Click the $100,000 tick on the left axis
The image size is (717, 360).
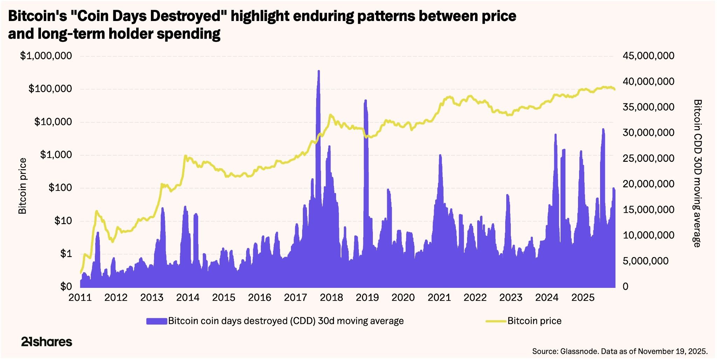(50, 89)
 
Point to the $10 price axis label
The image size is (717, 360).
(63, 221)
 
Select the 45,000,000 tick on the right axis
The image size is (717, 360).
(648, 56)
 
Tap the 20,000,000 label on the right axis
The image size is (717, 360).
(648, 184)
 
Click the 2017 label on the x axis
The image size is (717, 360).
(295, 298)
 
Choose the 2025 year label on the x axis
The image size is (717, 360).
(583, 298)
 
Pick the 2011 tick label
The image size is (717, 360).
(80, 298)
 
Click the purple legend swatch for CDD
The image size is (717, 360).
(156, 321)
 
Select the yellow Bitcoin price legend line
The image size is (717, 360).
(496, 321)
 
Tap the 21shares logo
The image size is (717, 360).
(47, 342)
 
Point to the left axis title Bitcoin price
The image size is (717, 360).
(23, 186)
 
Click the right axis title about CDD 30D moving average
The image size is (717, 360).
(697, 173)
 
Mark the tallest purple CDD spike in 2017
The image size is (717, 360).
(318, 72)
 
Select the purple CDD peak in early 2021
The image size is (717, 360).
(440, 156)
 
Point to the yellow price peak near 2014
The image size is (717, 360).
(185, 156)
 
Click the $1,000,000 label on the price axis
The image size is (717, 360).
(46, 56)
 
